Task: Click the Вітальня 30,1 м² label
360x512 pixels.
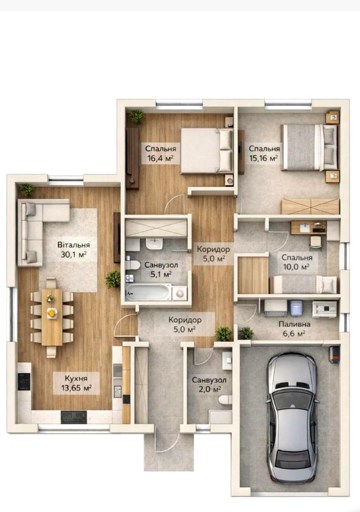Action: click(x=74, y=250)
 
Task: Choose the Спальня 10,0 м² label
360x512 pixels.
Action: click(x=297, y=262)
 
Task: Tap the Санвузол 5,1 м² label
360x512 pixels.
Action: click(x=161, y=270)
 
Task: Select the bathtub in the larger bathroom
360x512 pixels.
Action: click(x=148, y=292)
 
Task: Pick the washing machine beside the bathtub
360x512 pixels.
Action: click(x=180, y=293)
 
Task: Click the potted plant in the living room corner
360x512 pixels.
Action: click(x=27, y=190)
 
